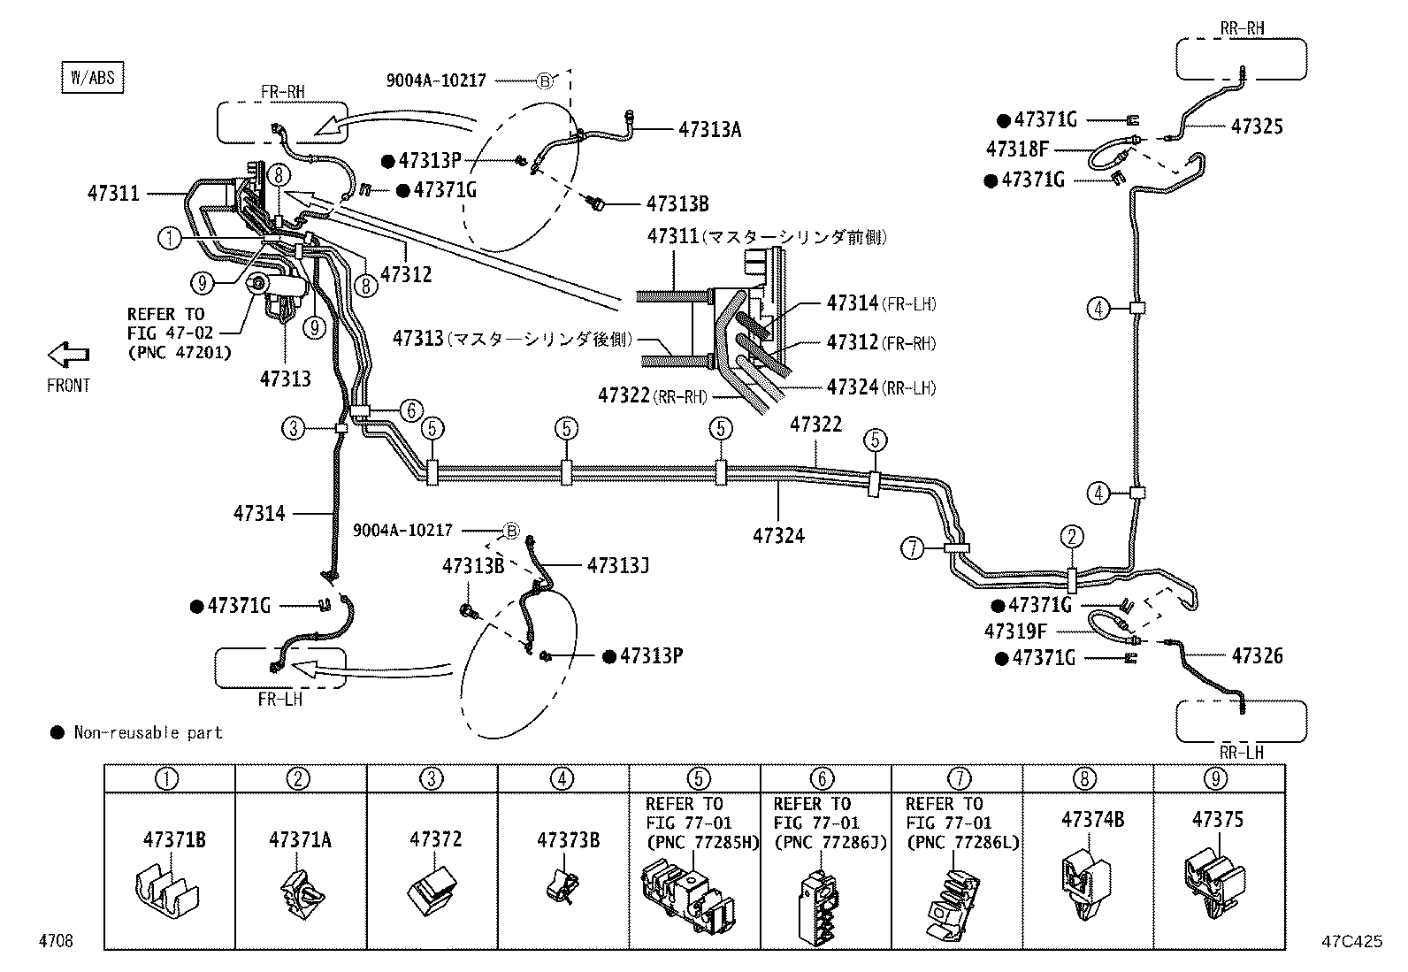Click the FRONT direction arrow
point(68,356)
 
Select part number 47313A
point(709,130)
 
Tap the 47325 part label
point(1256,126)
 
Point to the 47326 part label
point(1256,655)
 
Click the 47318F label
point(1017,149)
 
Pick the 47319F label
point(1015,631)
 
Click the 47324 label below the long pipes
point(778,535)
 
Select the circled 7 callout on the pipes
point(913,548)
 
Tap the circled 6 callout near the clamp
point(411,410)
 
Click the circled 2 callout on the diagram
point(1071,536)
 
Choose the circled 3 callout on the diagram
point(294,429)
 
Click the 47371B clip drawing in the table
point(170,888)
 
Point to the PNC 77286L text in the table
point(962,843)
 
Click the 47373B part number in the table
point(567,839)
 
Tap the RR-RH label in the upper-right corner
point(1242,28)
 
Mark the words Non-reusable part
point(148,732)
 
